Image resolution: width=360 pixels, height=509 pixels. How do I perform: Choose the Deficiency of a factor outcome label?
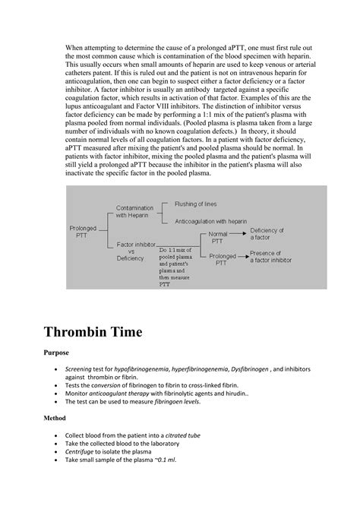point(267,234)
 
